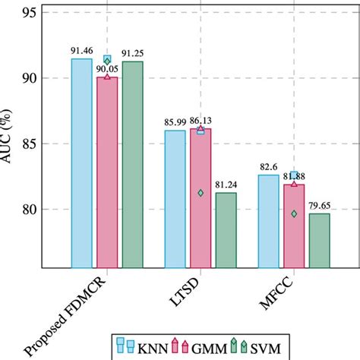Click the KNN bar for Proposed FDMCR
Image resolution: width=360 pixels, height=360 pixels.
[81, 163]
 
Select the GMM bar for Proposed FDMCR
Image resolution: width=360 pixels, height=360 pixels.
[107, 172]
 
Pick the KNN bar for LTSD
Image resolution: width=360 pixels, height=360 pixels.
[175, 198]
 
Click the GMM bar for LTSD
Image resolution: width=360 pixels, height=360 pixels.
[201, 197]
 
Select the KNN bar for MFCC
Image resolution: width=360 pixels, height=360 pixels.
[268, 220]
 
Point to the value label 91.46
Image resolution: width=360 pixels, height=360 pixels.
[81, 50]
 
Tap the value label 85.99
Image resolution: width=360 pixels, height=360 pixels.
[174, 122]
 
